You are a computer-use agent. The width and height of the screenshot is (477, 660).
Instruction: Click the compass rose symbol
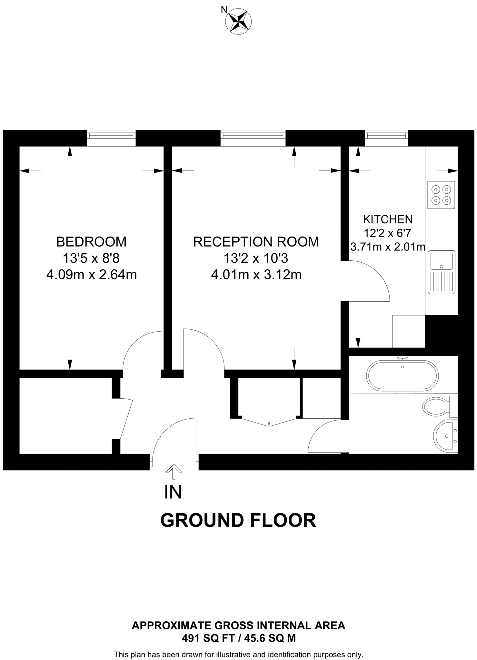coord(238,21)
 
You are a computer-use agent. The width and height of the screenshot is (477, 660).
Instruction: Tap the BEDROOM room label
coord(91,242)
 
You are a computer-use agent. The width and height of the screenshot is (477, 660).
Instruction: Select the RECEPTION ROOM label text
coord(256,242)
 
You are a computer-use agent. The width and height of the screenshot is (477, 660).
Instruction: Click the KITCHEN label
coord(388,219)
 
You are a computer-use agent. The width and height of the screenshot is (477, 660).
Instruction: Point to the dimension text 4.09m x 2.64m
coord(92,275)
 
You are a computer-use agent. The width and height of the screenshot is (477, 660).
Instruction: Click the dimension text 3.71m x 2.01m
coord(388,247)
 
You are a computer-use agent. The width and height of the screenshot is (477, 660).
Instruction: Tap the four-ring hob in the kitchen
coord(441,195)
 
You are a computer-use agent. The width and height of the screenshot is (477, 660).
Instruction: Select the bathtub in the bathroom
coord(402,376)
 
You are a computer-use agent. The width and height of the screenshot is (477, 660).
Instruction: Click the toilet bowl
coord(434,407)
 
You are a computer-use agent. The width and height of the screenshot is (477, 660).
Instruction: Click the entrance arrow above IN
coord(174,472)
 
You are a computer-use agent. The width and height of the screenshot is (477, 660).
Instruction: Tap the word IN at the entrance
coord(173,492)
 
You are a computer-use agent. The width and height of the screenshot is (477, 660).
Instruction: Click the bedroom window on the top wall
coord(111,134)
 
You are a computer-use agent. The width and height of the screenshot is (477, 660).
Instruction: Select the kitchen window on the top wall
coord(386,134)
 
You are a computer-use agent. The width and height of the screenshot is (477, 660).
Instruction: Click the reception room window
coord(253,134)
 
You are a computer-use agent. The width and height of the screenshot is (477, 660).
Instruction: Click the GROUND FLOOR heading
coord(238,520)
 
